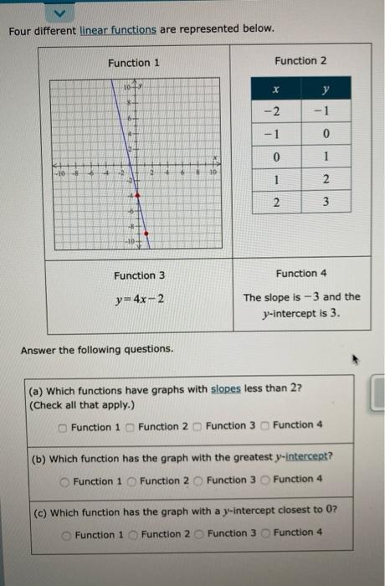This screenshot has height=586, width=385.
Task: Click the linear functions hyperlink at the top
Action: pos(117,29)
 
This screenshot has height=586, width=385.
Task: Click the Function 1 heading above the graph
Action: pos(134,63)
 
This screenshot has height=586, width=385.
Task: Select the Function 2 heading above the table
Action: pos(300,60)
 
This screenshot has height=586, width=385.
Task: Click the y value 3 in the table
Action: pos(326,202)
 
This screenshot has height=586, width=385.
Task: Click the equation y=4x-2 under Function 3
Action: pos(140,299)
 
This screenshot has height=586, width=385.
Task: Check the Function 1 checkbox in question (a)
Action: pos(64,427)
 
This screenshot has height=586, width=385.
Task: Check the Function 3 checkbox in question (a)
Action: pos(198,426)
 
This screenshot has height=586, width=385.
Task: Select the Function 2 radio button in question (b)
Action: pos(132,481)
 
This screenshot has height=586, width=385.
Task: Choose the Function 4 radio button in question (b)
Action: pos(265,480)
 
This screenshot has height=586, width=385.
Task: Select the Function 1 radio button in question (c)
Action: pos(66,535)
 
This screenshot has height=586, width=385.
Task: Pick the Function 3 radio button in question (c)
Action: pos(200,534)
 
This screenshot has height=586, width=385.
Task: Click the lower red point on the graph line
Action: pos(146,234)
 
